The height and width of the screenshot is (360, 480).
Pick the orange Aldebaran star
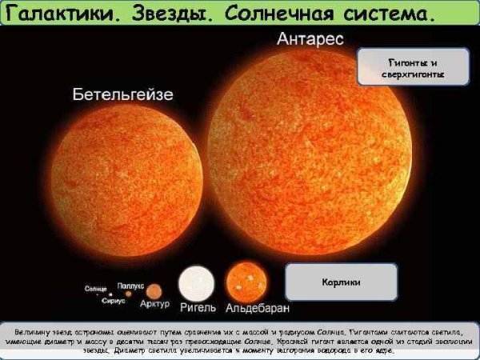tap(246, 282)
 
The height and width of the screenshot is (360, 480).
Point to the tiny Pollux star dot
tap(129, 291)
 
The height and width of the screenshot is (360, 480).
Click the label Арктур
tap(154, 305)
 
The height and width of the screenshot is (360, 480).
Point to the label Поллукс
tap(131, 283)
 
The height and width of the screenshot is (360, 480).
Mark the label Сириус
tap(113, 302)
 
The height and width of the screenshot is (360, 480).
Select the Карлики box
tap(342, 282)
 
